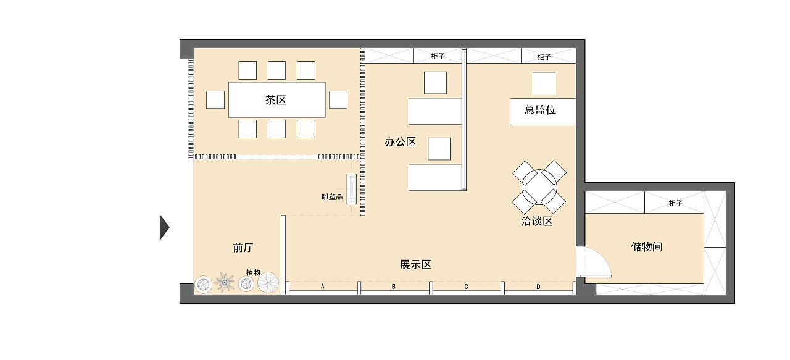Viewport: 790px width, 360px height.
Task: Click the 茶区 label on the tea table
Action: point(275,100)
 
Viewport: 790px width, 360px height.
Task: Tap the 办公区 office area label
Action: point(401,142)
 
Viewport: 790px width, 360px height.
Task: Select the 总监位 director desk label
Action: point(540,110)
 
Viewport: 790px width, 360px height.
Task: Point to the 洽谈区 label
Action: point(537,221)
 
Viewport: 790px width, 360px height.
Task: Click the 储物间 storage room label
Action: point(647,247)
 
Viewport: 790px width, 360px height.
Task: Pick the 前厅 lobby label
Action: point(243,248)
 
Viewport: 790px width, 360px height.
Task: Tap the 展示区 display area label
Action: point(415,265)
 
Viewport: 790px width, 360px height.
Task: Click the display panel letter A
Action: point(322,287)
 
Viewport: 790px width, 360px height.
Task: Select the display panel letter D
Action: point(538,287)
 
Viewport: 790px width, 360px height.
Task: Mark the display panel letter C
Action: point(466,287)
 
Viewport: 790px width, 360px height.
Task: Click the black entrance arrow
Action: point(164,227)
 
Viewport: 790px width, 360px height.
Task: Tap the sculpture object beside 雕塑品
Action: point(351,189)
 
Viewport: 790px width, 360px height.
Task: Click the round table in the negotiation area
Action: point(539,187)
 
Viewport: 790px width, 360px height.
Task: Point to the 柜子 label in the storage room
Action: point(675,203)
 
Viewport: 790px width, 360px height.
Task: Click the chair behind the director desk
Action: point(544,83)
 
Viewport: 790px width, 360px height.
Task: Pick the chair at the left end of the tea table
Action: point(215,99)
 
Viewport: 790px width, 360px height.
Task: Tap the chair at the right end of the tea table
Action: point(338,99)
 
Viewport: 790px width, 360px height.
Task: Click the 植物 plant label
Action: point(253,272)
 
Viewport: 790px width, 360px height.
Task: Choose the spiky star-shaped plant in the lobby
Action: point(224,282)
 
